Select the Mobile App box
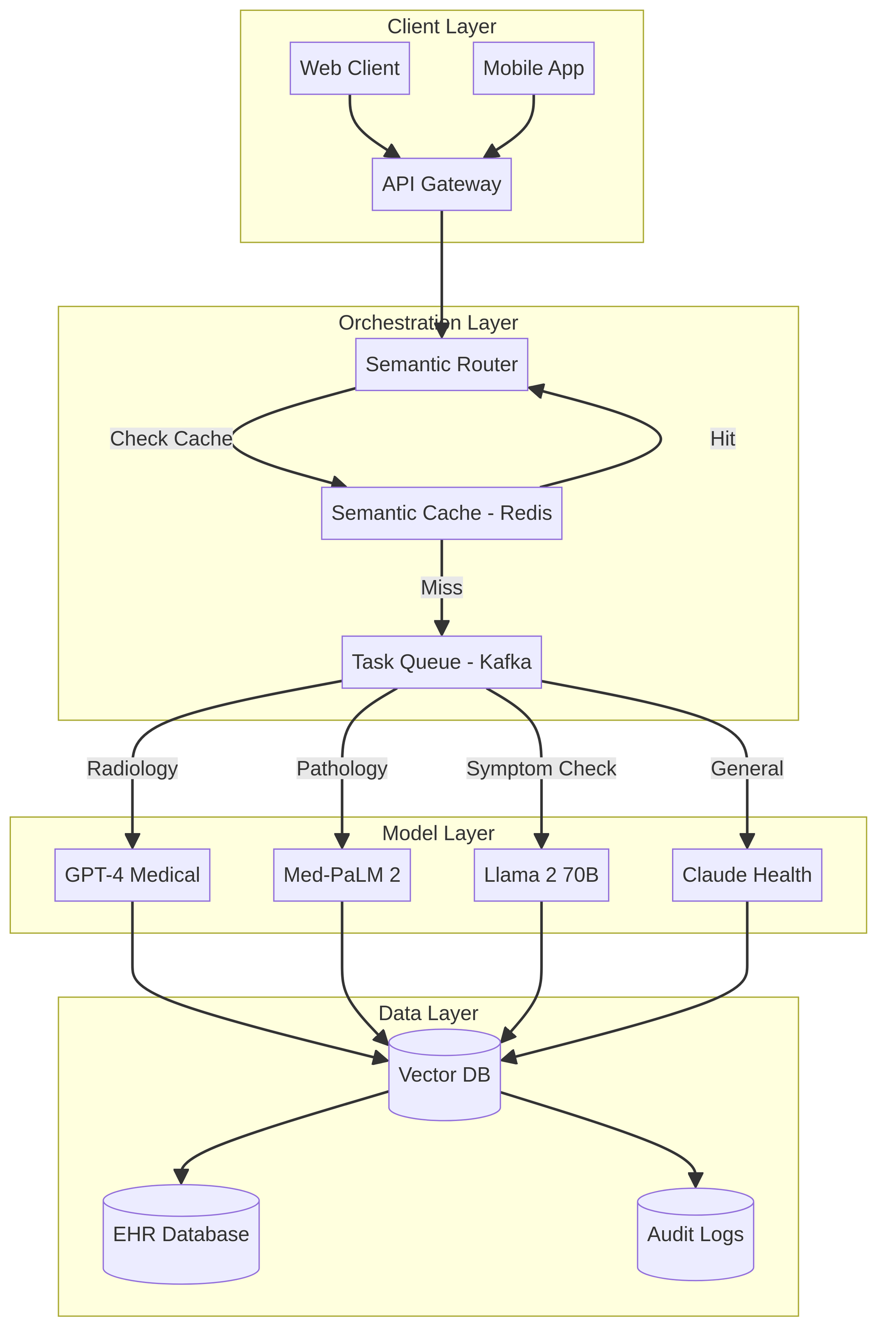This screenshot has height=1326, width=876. tap(533, 68)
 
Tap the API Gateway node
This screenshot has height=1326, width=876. tap(441, 184)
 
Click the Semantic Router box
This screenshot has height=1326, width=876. tap(441, 364)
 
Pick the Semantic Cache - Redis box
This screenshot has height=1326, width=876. tap(441, 513)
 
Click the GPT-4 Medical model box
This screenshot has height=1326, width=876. tap(132, 875)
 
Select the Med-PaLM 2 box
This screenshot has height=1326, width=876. tap(342, 875)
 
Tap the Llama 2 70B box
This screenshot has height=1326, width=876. tap(541, 875)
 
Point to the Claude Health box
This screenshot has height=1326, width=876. tap(747, 875)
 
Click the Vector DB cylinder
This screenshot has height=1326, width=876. tap(444, 1074)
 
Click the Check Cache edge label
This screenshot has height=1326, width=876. tap(171, 439)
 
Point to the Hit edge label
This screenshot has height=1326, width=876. tap(722, 439)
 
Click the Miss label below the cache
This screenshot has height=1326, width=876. tap(441, 588)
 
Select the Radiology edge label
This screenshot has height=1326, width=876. tap(132, 768)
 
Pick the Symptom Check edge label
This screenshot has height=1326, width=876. tap(541, 768)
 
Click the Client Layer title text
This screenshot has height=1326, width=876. tap(441, 26)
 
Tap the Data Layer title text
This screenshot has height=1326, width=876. tap(428, 1013)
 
